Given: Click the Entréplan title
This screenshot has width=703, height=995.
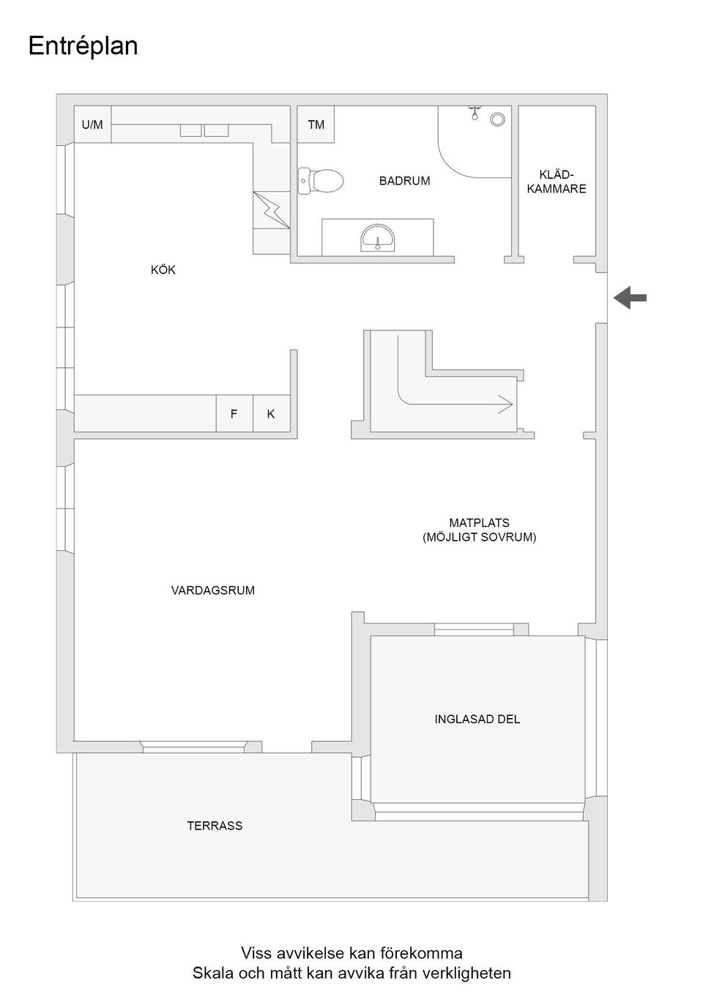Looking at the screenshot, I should pos(83,46).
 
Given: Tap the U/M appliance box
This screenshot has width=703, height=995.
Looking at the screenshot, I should pos(92,125).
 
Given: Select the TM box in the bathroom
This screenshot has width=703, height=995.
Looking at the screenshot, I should pos(316,125).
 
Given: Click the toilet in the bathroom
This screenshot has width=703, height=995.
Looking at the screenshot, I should pos(322,180).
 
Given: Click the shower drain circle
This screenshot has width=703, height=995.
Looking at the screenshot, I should pos(498,119).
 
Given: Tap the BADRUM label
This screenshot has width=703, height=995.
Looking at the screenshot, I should pos(404,181).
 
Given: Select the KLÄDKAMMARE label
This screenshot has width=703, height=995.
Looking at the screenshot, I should pos(557,182).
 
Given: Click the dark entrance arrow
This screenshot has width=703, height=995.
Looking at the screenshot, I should pos(630,297).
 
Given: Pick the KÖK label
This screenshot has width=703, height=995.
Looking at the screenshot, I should pos(163,270).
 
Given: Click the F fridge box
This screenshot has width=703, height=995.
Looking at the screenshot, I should pos(234,414).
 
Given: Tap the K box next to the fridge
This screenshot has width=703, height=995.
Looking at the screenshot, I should pos(271,414).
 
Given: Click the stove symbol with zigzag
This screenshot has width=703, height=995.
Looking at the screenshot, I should pos(272,210).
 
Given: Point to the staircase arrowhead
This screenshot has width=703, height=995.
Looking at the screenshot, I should pos(505,402).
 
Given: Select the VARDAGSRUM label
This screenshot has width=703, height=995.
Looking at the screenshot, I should pos(213,591).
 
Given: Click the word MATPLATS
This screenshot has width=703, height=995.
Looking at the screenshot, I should pos(479,523).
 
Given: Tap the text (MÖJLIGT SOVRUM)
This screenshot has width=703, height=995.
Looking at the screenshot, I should pos(479,537).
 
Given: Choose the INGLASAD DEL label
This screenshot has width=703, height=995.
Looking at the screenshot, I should pos(477,720).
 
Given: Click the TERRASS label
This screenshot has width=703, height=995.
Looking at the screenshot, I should pos(215,826).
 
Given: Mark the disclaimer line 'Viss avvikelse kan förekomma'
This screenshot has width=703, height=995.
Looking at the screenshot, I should pos(351,953).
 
